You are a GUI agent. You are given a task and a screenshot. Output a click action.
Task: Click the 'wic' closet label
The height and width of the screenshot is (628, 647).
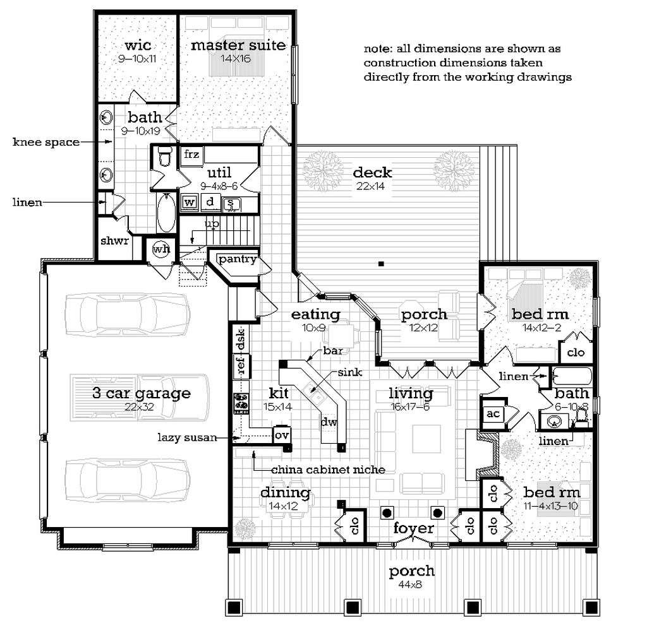136,45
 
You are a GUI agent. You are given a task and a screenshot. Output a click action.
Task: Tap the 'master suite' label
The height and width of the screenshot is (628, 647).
238,45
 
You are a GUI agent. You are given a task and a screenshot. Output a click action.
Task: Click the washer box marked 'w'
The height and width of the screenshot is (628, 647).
189,203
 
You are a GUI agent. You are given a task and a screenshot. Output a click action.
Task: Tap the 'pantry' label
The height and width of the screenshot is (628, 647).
238,259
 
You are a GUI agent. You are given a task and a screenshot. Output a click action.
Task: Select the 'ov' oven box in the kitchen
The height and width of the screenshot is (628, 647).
281,435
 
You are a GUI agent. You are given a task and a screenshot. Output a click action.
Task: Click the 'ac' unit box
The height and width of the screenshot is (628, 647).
493,413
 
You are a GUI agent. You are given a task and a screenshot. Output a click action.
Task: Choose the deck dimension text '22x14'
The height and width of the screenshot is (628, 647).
373,186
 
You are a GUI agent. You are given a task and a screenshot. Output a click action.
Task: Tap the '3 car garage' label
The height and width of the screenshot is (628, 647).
141,393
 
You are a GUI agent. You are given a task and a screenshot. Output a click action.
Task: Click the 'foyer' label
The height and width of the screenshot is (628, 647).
413,528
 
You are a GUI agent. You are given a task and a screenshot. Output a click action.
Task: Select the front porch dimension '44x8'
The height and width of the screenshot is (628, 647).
412,584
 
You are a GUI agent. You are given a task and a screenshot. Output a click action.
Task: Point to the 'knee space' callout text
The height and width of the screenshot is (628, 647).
46,142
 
